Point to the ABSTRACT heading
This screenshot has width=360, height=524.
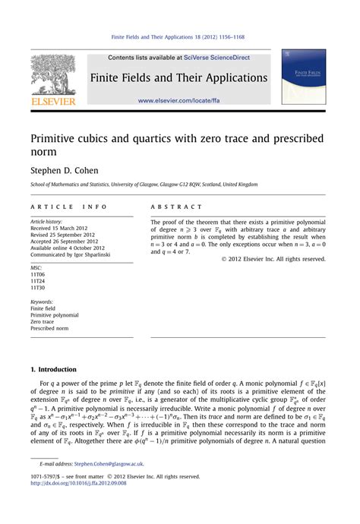176,207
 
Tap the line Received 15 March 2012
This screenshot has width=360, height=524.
62,228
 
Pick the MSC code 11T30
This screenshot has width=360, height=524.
38,288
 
